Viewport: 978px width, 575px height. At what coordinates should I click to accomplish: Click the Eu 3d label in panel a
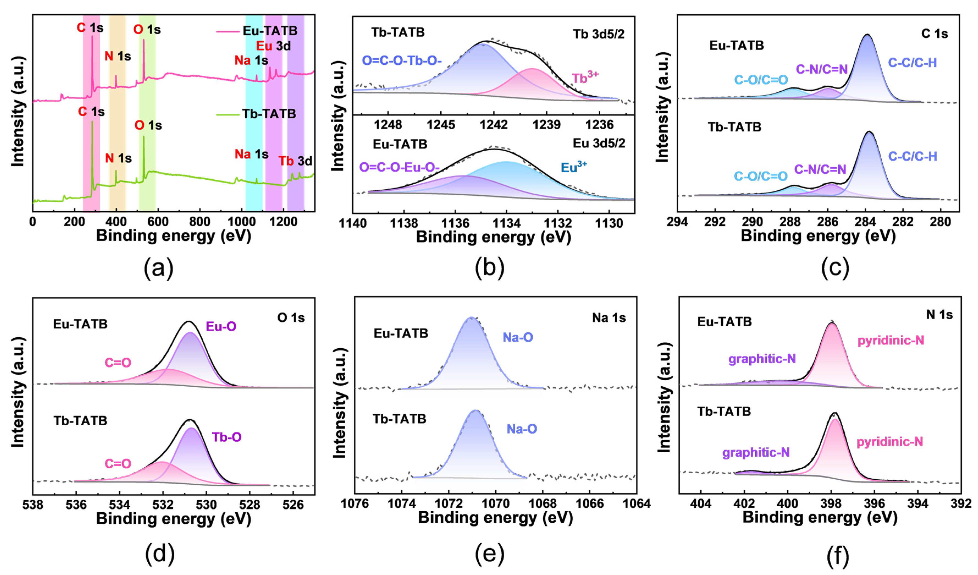(x=273, y=46)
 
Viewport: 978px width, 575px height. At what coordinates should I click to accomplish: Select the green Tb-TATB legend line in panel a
(x=228, y=114)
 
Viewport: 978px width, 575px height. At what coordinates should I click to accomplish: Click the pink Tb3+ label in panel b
(x=585, y=78)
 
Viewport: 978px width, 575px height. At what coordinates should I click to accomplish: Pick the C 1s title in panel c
(x=935, y=34)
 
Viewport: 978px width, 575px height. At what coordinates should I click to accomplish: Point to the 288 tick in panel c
(x=790, y=222)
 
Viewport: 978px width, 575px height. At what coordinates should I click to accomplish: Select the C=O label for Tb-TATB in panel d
(x=118, y=464)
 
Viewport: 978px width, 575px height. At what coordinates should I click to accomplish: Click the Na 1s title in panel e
(x=609, y=318)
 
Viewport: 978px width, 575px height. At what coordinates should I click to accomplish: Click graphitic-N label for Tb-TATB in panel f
(x=756, y=453)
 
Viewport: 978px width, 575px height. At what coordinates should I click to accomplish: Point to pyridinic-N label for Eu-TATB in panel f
(x=891, y=341)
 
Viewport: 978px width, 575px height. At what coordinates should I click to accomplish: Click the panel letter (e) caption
(x=489, y=555)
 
